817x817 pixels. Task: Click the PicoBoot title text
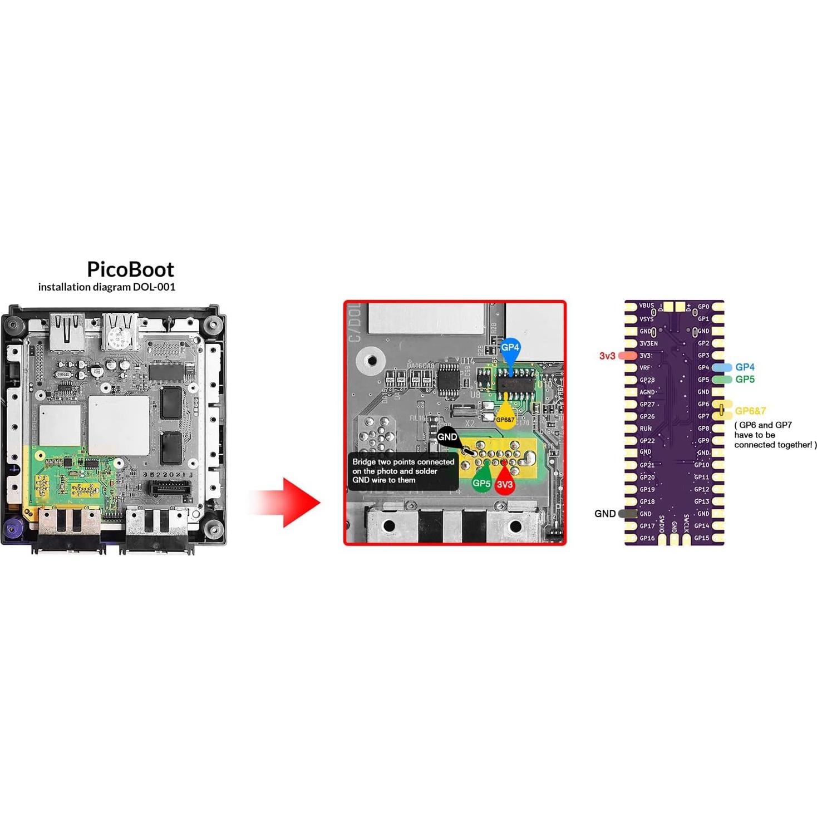(130, 269)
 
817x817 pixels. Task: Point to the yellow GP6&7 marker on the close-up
(505, 418)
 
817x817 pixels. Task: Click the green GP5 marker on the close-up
(481, 483)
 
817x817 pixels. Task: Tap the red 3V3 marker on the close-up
(505, 484)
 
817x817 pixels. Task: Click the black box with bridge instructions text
(403, 471)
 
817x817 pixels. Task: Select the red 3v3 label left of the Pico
(607, 356)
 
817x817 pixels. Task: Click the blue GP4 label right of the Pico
(745, 367)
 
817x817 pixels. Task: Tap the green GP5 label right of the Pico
(745, 380)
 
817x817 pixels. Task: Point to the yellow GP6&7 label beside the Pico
(750, 411)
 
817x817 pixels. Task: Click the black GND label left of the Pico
(605, 514)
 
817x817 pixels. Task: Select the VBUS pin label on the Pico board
(646, 306)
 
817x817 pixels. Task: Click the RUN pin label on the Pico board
(646, 429)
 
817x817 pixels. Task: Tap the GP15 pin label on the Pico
(701, 538)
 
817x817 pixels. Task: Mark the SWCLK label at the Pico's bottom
(686, 524)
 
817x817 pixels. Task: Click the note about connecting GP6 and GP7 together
(775, 435)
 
